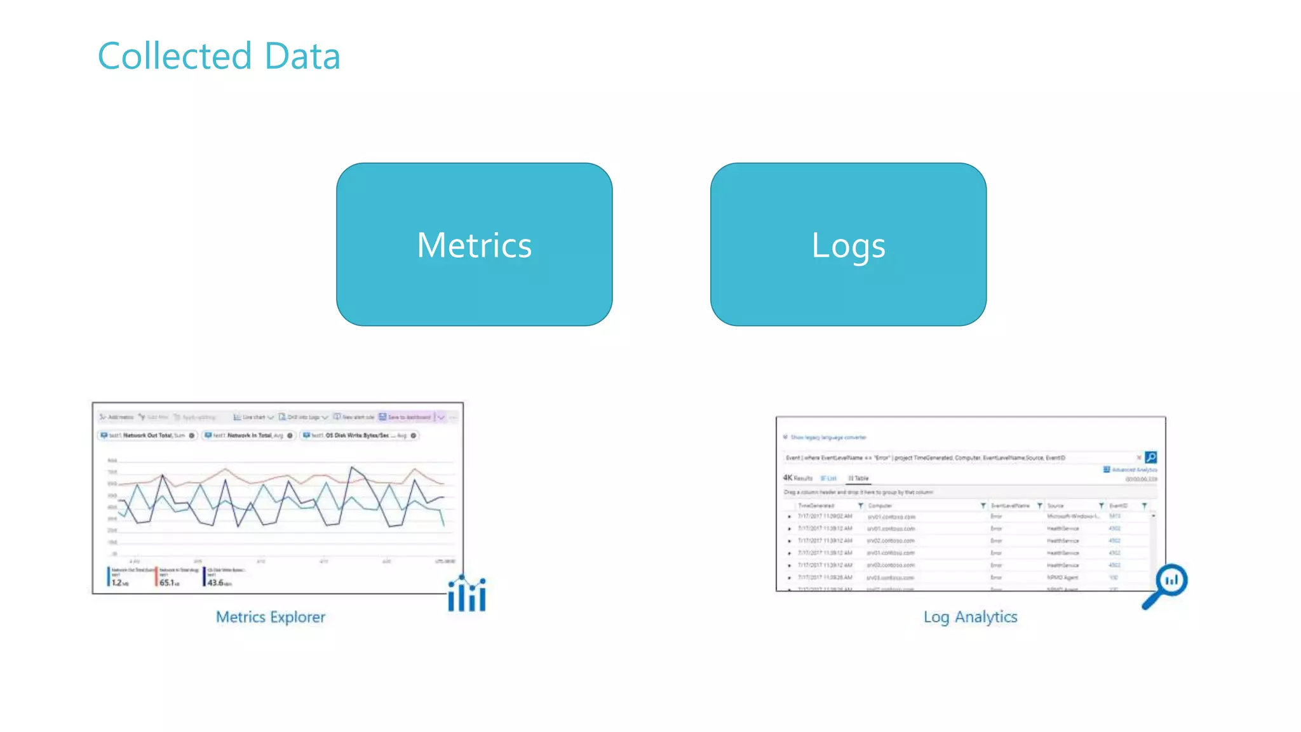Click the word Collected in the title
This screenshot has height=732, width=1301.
[x=174, y=56]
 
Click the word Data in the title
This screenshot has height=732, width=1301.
[x=302, y=56]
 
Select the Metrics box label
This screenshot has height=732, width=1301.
[x=474, y=245]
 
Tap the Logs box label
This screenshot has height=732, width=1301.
[x=848, y=245]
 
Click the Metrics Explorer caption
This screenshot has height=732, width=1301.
[x=271, y=617]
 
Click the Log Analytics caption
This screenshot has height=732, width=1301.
[x=970, y=617]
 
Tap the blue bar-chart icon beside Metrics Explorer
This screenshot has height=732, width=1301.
[x=467, y=594]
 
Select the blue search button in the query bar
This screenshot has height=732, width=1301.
[x=1150, y=457]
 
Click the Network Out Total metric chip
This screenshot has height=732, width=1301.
[x=148, y=436]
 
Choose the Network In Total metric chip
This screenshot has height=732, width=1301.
[x=249, y=436]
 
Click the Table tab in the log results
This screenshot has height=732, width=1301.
[x=859, y=478]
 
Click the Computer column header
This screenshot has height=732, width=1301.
[x=880, y=506]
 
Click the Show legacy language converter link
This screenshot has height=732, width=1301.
[x=828, y=438]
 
